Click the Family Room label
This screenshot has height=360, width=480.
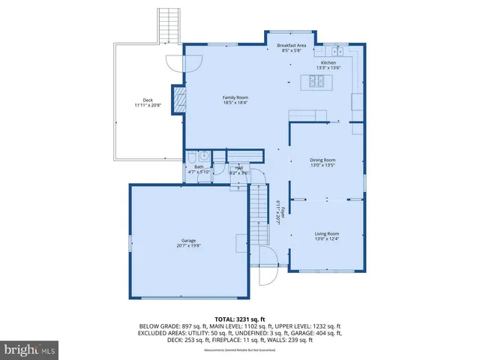click(235, 97)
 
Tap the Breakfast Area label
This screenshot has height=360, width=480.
click(292, 46)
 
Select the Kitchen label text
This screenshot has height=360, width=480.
click(328, 63)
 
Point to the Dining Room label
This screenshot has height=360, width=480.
click(322, 160)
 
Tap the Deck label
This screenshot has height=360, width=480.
click(148, 100)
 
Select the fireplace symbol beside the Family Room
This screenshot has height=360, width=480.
click(179, 100)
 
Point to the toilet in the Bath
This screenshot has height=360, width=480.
click(192, 157)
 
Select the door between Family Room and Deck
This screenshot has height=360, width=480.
click(174, 64)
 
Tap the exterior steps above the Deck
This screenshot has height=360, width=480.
click(169, 25)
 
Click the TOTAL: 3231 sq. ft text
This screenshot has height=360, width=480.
click(239, 319)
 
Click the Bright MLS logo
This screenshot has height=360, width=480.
click(30, 349)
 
